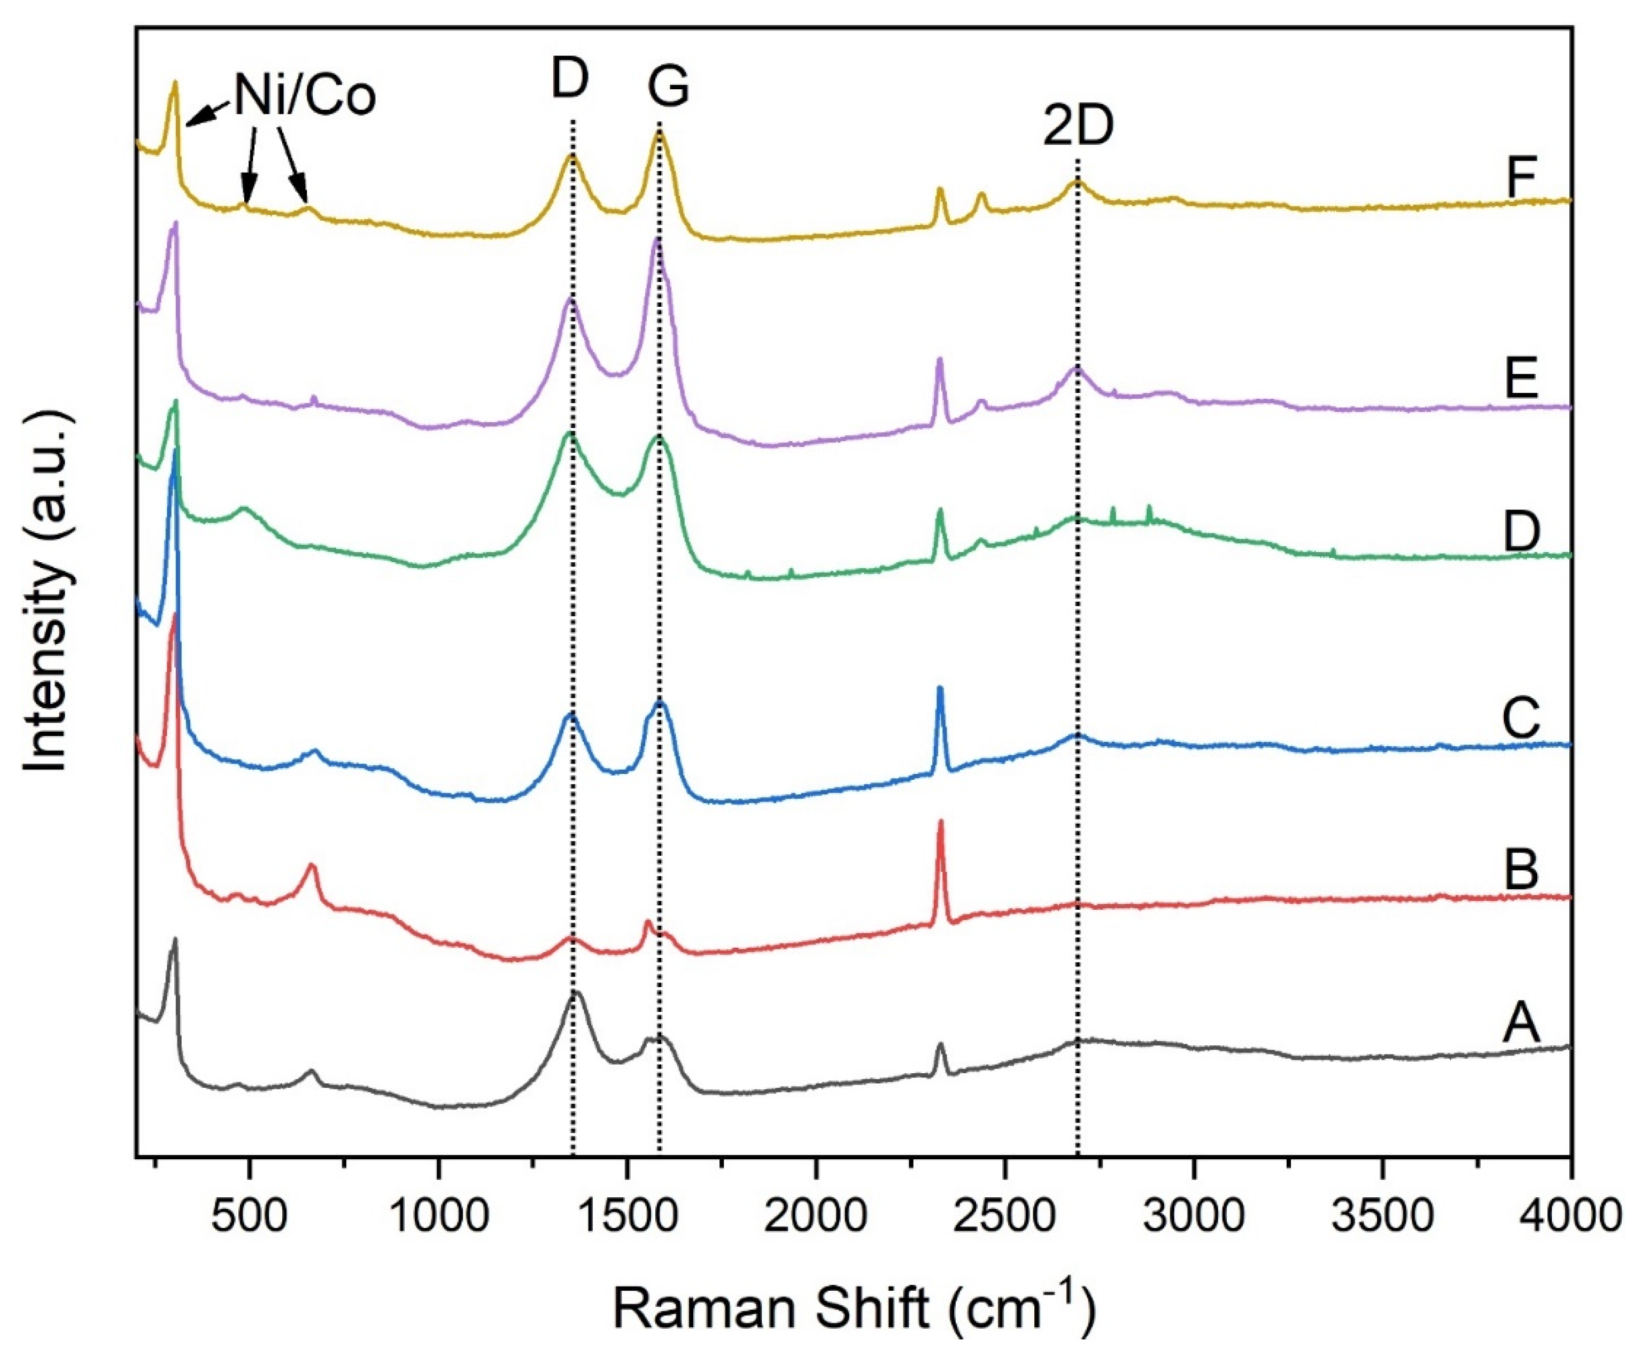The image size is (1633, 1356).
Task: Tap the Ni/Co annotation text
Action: tap(305, 97)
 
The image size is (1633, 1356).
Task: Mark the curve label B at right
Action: tap(1522, 869)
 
